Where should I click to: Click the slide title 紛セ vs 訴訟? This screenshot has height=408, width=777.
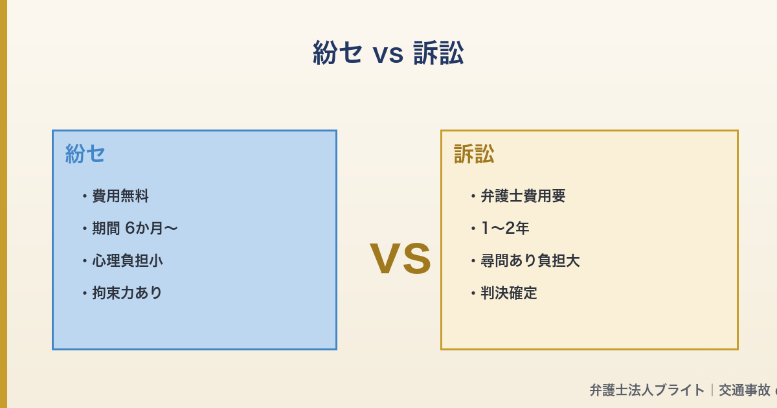(x=388, y=53)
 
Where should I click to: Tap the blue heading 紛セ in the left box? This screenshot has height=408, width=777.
(x=85, y=154)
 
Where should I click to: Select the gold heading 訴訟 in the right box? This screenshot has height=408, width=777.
(x=474, y=154)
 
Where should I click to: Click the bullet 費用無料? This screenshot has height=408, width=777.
(x=120, y=196)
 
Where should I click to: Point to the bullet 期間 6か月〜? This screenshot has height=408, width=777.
(x=135, y=228)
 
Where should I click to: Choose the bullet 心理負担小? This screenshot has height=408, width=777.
(x=128, y=260)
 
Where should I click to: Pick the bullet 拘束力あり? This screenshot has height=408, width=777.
(x=128, y=293)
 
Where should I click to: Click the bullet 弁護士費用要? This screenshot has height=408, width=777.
(x=523, y=196)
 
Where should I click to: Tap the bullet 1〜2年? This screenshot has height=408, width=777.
(x=505, y=228)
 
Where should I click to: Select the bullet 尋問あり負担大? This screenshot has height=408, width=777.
(x=530, y=260)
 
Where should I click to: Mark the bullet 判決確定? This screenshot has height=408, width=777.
(x=509, y=293)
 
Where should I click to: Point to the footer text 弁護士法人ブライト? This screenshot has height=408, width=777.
(x=647, y=390)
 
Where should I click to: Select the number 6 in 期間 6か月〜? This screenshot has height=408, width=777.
(x=129, y=228)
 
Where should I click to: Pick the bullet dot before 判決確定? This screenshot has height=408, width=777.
(x=473, y=293)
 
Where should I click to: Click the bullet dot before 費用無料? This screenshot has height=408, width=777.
(x=85, y=196)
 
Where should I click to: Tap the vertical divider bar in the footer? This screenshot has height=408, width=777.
(x=712, y=390)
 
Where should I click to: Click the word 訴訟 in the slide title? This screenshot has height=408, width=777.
(x=438, y=53)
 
